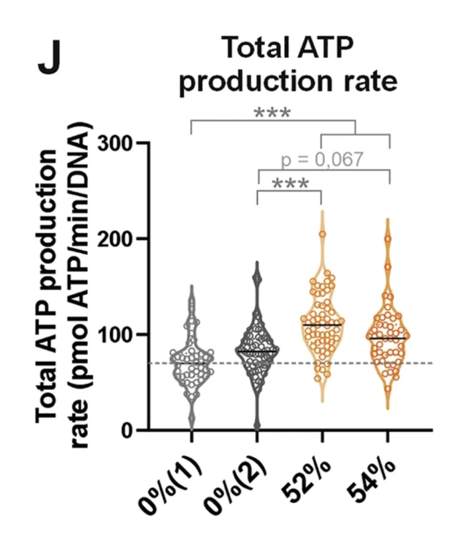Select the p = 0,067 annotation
[322, 160]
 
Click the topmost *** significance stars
[272, 114]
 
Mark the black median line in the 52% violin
[322, 325]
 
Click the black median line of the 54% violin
[387, 338]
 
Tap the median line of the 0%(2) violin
[257, 352]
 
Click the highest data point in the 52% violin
[322, 234]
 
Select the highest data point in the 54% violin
[387, 239]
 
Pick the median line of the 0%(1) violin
[192, 363]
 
